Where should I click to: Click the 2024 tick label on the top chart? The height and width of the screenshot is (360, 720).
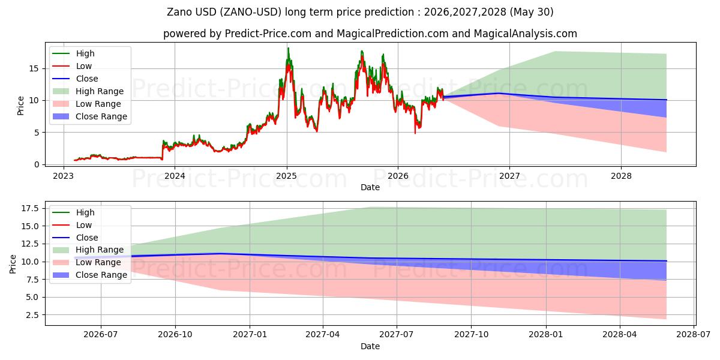(175, 176)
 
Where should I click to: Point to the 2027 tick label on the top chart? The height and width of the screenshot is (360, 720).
(509, 176)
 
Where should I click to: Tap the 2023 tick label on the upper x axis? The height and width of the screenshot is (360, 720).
(64, 176)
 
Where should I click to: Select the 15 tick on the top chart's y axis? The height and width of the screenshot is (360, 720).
(34, 68)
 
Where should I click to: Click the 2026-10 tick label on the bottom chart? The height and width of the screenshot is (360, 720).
(175, 335)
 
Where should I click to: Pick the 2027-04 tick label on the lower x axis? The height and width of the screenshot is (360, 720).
(322, 335)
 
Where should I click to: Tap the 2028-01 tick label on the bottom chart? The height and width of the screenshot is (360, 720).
(546, 335)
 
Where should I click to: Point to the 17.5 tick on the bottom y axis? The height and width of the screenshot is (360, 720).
(30, 209)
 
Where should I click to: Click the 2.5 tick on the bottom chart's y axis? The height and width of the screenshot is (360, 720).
(32, 315)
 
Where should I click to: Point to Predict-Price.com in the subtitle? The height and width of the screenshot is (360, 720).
(268, 34)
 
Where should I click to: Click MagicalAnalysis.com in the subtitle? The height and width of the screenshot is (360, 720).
(526, 34)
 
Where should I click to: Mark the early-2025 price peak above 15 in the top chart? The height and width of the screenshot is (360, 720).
(289, 48)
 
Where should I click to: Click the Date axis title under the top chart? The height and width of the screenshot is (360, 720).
(370, 187)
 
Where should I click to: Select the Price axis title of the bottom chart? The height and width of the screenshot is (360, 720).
(13, 264)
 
